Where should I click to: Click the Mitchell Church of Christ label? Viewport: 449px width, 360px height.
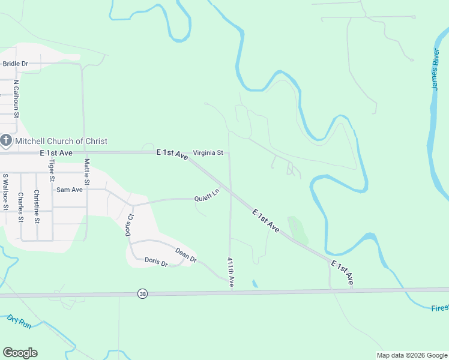click(x=61, y=141)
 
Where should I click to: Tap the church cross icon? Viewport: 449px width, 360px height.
click(x=6, y=141)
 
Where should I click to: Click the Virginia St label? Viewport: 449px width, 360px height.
click(x=208, y=153)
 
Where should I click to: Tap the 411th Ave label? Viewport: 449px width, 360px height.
click(x=231, y=272)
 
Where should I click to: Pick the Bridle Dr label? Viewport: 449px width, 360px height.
click(x=16, y=64)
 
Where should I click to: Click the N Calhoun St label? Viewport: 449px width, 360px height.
click(x=17, y=98)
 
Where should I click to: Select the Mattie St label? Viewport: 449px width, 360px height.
click(x=87, y=171)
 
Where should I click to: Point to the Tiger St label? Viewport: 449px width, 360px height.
click(x=52, y=170)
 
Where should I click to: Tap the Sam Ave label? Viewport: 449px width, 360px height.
click(x=69, y=190)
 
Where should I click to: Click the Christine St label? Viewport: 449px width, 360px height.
click(x=37, y=206)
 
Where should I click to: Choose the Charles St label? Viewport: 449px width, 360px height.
click(x=20, y=207)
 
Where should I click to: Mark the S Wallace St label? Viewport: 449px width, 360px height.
click(x=5, y=192)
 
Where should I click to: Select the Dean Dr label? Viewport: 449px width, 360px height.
click(x=186, y=254)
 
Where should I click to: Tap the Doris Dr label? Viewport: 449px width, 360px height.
click(x=156, y=262)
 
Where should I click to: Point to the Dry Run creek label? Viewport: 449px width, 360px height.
click(x=19, y=321)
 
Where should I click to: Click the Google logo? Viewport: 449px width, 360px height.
click(x=20, y=353)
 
